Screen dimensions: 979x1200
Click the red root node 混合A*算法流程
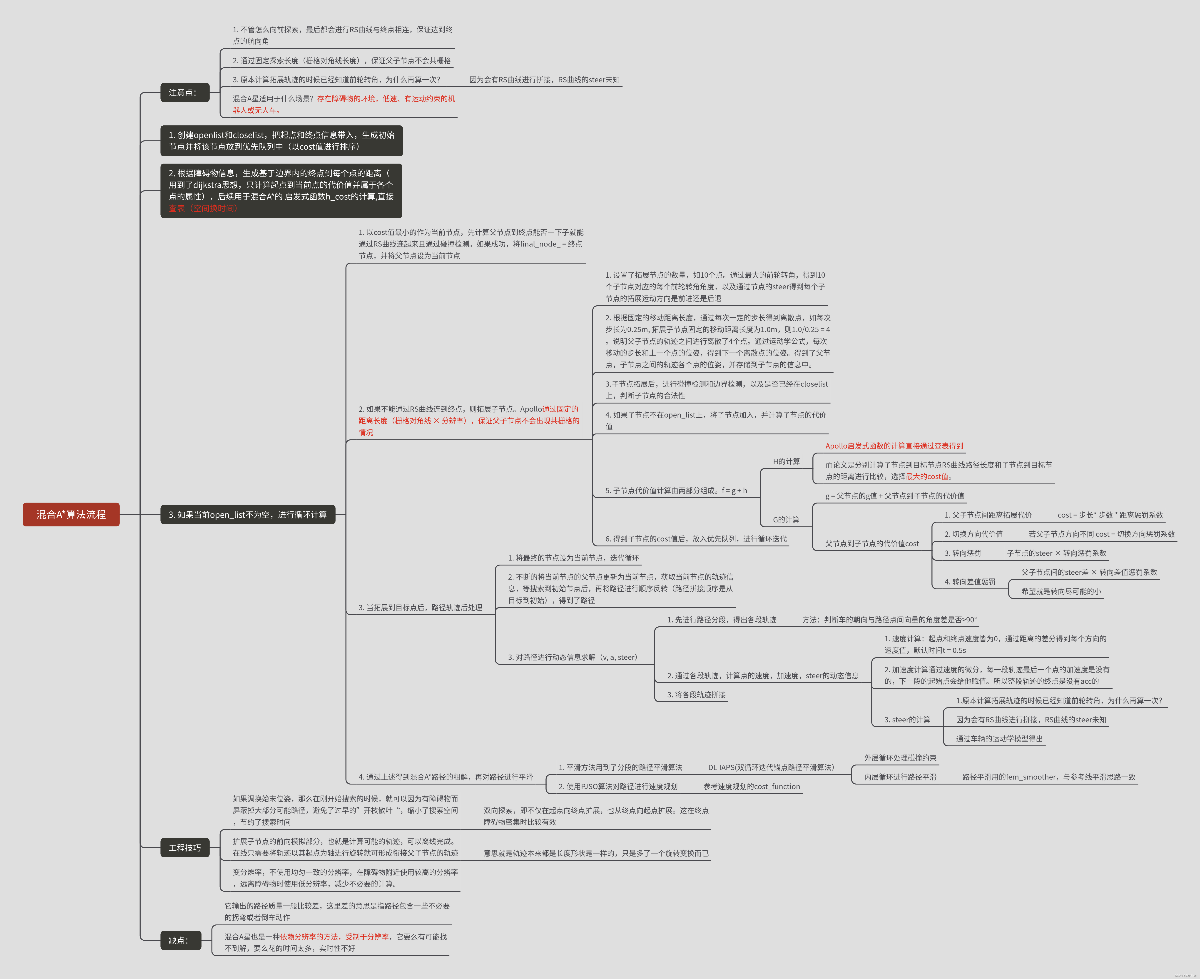click(x=71, y=514)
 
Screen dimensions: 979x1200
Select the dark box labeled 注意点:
click(x=184, y=92)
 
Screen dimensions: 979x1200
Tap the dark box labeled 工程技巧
click(x=184, y=848)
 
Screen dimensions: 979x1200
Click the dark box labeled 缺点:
click(x=180, y=940)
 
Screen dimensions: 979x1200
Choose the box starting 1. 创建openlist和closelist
click(x=281, y=140)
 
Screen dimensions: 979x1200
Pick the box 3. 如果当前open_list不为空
click(x=248, y=514)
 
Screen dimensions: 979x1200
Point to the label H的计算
click(x=786, y=461)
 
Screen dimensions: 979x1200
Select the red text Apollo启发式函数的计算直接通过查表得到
click(x=894, y=446)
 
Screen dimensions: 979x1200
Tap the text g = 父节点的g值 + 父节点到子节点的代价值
click(x=894, y=496)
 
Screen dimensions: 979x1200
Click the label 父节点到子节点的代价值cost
click(x=872, y=544)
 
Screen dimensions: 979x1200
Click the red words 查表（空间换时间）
click(x=203, y=208)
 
